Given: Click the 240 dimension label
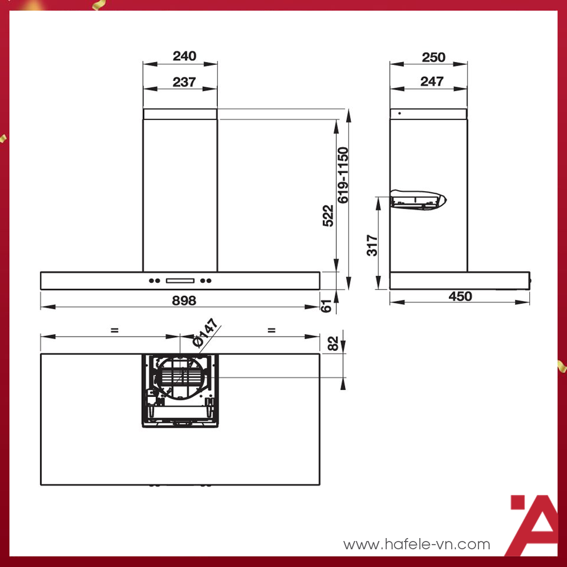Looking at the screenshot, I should point(184,57).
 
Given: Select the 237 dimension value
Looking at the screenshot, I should point(184,82).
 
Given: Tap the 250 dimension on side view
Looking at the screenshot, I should point(434,57).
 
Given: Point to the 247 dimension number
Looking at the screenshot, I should point(432,82).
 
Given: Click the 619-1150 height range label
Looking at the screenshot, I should point(344,175).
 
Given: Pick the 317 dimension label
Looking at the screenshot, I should point(372,245).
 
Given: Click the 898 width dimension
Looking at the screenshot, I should point(184,300).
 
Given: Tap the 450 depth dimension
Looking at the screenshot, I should point(460,296).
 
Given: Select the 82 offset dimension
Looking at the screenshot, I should point(333,343).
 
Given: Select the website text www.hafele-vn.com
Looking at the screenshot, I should point(416,544).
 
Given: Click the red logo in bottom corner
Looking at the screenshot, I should point(533,524).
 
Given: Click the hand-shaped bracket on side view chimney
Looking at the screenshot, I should point(418,198).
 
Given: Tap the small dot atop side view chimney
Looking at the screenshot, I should point(399,113).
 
